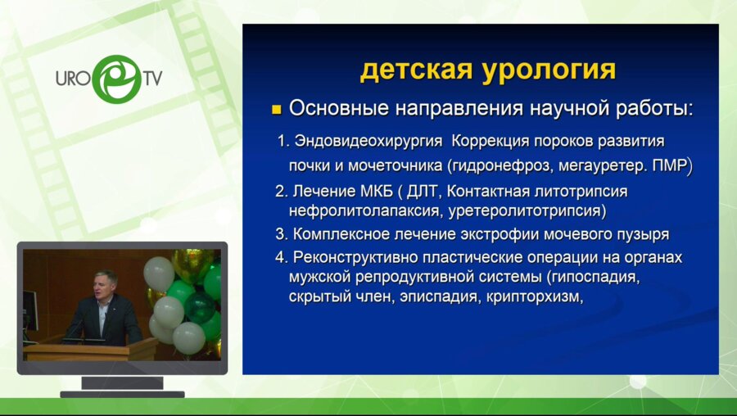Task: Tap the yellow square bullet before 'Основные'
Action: click(x=276, y=109)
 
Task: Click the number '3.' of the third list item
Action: click(x=282, y=234)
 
